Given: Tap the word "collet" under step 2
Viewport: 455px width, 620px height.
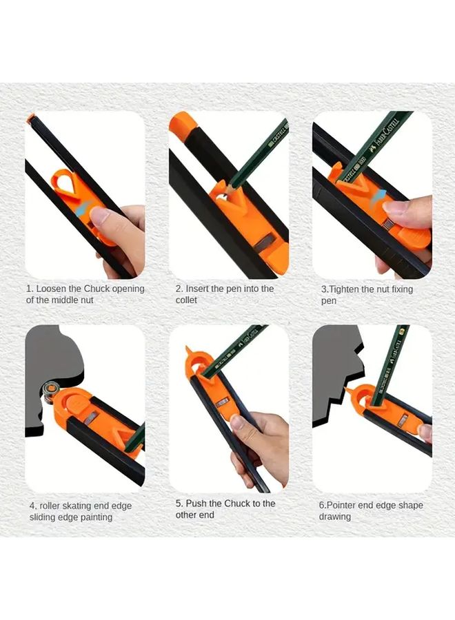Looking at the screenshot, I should (186, 300).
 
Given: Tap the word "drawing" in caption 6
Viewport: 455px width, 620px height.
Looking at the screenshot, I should (334, 517).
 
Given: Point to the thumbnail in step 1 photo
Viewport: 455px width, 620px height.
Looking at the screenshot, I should (99, 215).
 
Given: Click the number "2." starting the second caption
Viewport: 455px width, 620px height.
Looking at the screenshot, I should (179, 289).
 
